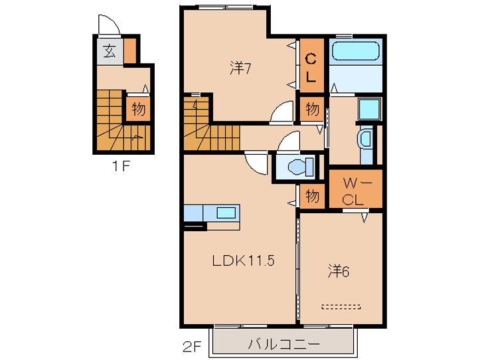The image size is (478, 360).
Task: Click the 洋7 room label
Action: coord(240,68)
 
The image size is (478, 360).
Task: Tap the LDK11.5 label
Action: coord(243,261)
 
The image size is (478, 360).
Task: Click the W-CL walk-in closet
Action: coord(357,189)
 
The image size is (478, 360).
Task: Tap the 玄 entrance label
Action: coord(109,52)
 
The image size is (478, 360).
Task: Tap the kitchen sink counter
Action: coord(212,214)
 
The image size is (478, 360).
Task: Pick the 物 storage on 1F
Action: coord(137,109)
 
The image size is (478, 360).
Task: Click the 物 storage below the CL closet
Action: coord(311,109)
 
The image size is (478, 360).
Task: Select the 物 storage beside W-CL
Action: coord(312,197)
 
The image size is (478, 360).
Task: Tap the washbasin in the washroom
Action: coord(366,139)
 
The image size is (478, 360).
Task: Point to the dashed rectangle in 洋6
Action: coord(341,307)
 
